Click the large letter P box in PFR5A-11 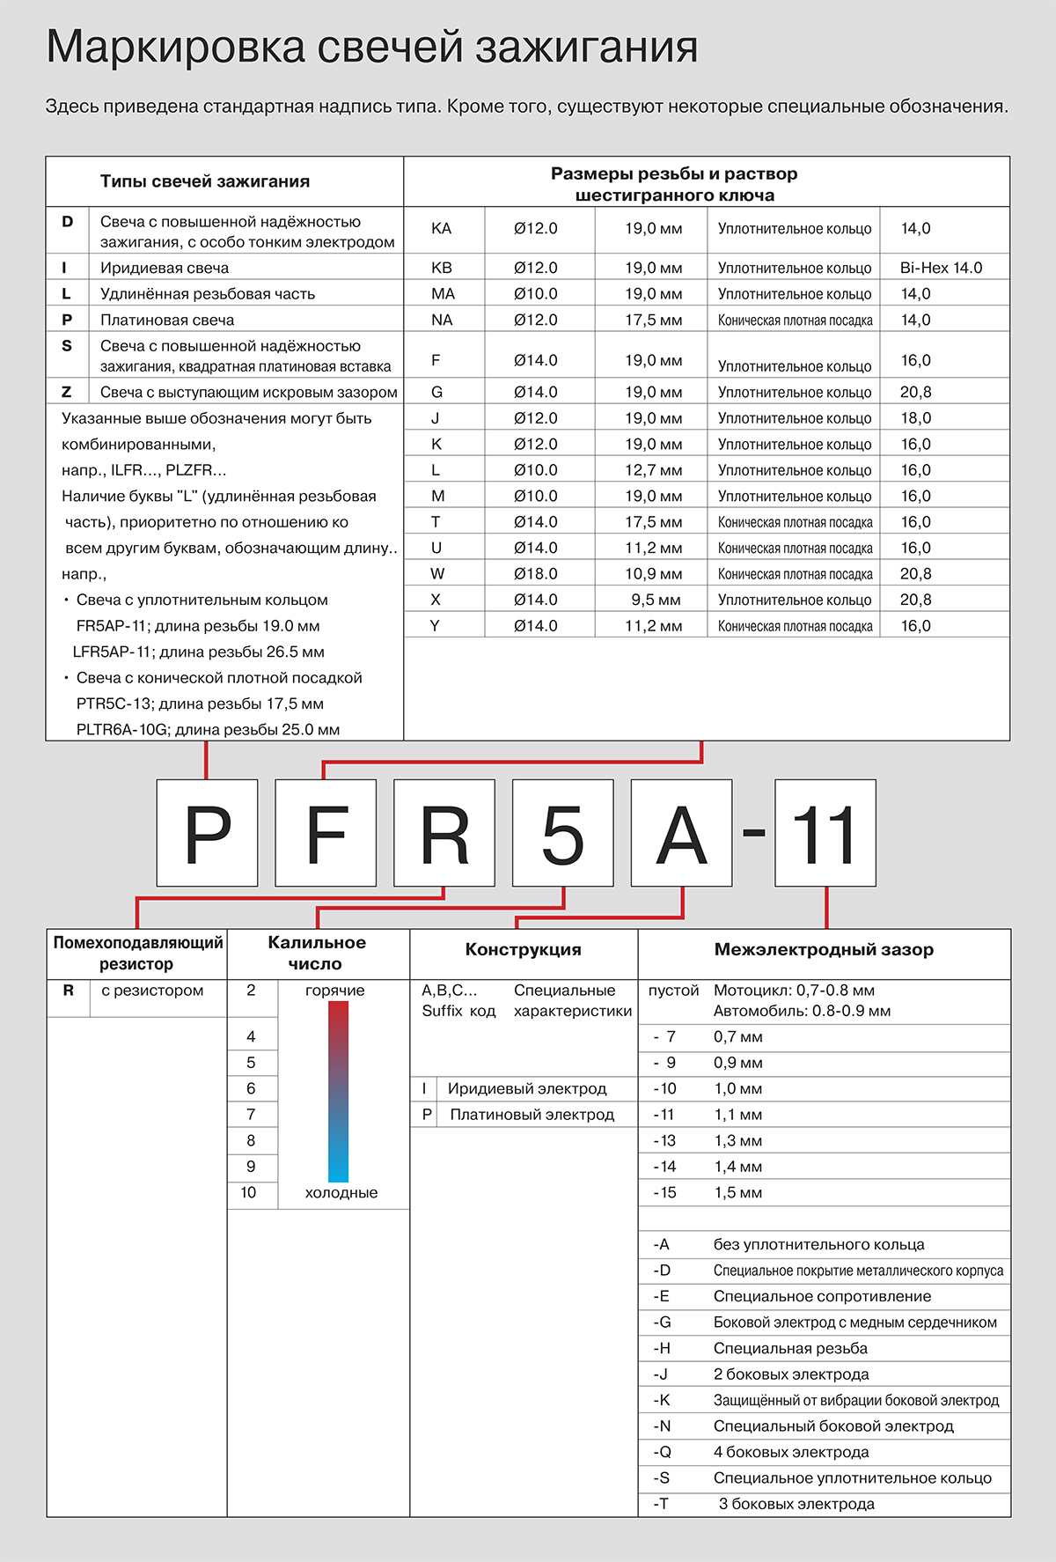coord(207,833)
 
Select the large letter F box coord(326,833)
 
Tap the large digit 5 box coord(563,833)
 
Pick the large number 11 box coord(825,833)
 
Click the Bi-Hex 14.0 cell coord(941,268)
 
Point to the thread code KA coord(441,229)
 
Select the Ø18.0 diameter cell coord(535,574)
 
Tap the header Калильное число coord(317,953)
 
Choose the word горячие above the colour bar coord(335,991)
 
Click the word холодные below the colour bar coord(341,1193)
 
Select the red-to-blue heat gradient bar coord(339,1092)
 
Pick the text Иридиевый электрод coord(527,1089)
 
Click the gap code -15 coord(664,1193)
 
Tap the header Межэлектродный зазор coord(824,950)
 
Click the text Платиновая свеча coord(167,321)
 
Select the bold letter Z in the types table coord(67,392)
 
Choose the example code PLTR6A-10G coord(123,730)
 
